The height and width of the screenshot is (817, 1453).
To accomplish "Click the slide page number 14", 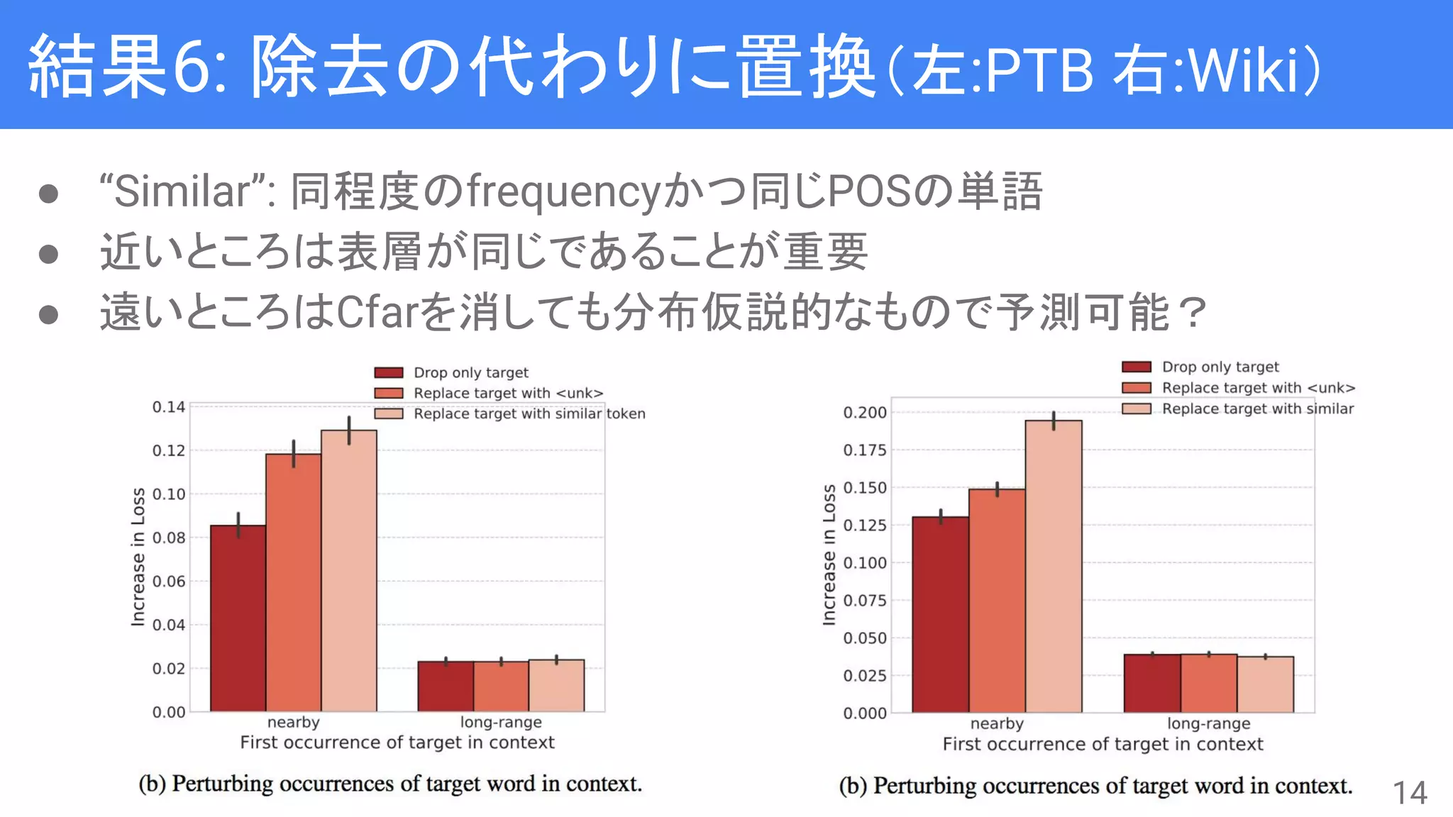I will click(x=1409, y=792).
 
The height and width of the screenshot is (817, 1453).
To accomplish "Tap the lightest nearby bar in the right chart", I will click(x=1053, y=567).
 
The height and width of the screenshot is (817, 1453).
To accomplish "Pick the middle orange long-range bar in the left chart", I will click(x=501, y=686).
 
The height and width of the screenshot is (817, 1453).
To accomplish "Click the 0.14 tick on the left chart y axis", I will click(x=168, y=407).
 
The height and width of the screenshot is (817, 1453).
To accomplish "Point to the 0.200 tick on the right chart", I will click(x=864, y=413).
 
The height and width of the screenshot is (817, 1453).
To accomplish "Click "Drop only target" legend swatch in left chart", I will click(x=388, y=373).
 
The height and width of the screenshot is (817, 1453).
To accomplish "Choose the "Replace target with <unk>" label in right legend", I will click(x=1258, y=388).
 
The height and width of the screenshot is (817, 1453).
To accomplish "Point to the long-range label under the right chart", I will click(x=1208, y=723).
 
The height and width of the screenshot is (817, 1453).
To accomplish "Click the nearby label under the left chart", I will click(x=293, y=722).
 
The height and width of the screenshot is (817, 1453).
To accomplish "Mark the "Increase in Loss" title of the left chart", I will click(x=138, y=557).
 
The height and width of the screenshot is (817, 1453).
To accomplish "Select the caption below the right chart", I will click(x=1095, y=786).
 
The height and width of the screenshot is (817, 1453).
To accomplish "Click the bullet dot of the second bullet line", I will click(x=48, y=253).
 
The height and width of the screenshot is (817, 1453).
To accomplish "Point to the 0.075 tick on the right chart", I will click(x=864, y=601).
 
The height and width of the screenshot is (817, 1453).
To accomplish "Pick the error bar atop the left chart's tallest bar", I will click(x=348, y=430).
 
